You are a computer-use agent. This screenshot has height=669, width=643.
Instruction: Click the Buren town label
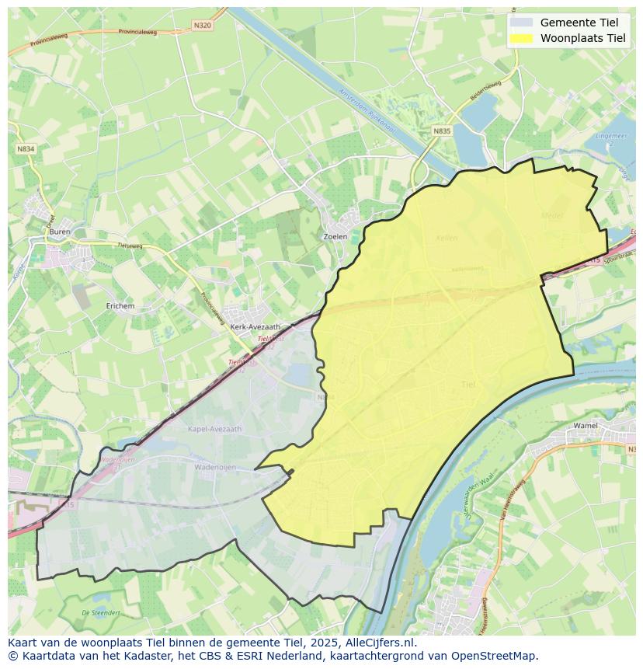pos(59,232)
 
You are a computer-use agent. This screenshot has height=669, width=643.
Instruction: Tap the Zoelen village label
pos(335,236)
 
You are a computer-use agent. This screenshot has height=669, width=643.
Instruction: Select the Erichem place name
pos(120,306)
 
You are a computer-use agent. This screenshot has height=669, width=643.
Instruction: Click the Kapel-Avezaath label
pos(215,428)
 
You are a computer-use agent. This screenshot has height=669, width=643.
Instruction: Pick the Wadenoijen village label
pos(215,467)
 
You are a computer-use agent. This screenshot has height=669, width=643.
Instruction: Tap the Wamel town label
pos(585,426)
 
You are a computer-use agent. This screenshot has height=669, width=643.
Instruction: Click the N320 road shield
pos(202,25)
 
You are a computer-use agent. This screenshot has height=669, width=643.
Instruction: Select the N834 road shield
pos(26,148)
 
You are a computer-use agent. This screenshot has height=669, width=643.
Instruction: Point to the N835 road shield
pos(442,131)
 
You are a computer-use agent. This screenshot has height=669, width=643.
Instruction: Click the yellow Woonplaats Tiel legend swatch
pos(522,38)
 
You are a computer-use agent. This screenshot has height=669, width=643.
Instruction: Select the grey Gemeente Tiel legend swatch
pos(522,23)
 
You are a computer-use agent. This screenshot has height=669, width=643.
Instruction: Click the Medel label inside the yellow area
pos(551,215)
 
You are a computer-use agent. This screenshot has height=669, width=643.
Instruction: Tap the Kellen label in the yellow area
pos(447,238)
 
